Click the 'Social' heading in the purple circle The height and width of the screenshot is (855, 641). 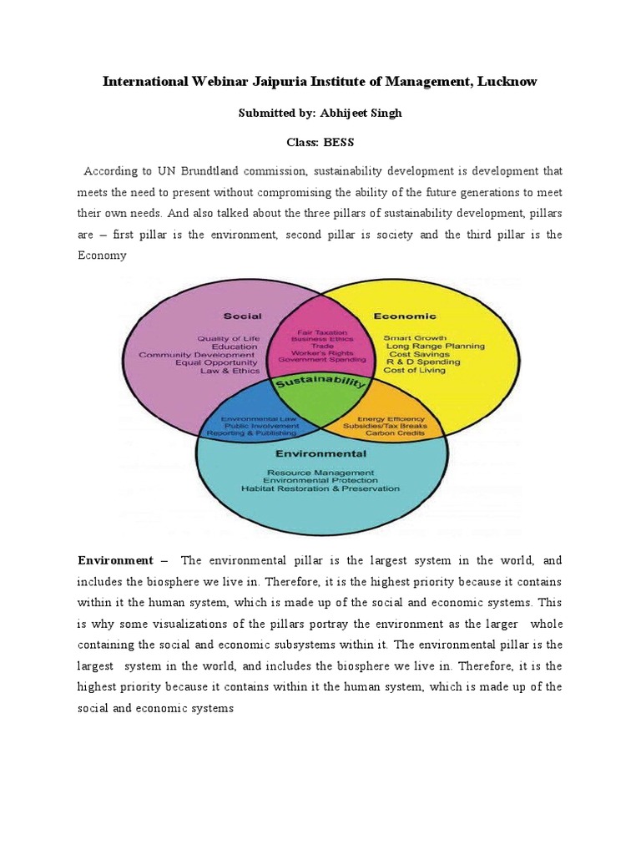point(242,316)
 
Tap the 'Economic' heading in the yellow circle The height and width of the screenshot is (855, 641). point(405,316)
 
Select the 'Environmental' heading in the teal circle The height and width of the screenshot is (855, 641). point(321,454)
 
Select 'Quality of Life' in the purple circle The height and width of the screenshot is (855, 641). point(229,338)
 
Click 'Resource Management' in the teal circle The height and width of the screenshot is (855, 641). point(320,472)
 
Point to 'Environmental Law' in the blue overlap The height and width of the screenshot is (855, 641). point(259,418)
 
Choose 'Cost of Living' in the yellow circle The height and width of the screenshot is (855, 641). point(414,370)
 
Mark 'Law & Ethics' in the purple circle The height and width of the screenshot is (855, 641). point(230,370)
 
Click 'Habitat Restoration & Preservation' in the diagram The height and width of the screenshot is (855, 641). point(320,488)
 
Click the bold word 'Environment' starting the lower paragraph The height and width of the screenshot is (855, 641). point(115,560)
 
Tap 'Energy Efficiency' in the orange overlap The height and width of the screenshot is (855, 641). point(391,418)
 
